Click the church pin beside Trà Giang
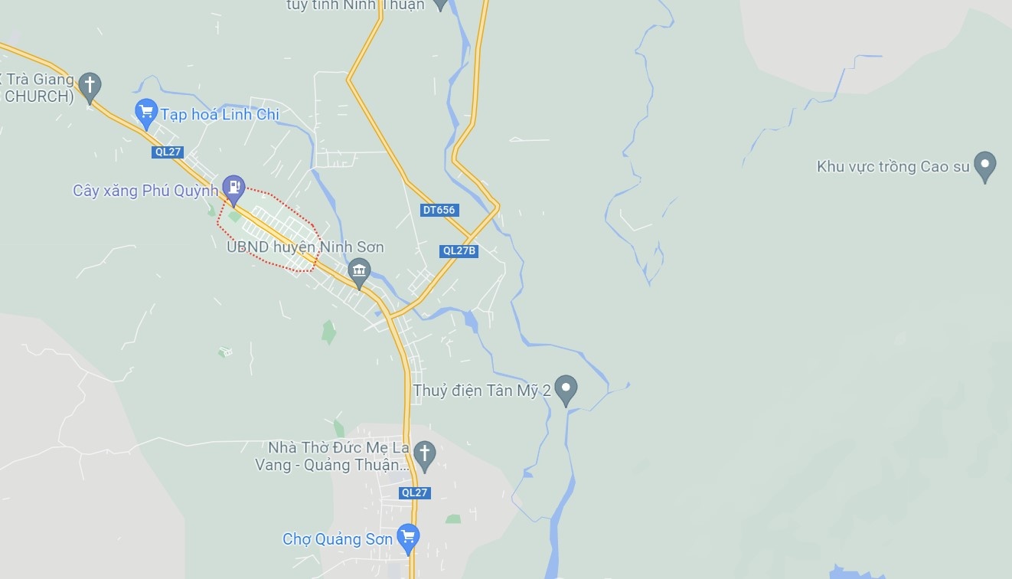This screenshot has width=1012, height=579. point(90,86)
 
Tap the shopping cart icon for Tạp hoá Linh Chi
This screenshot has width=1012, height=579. point(145,112)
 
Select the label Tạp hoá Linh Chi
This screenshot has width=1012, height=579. point(219,115)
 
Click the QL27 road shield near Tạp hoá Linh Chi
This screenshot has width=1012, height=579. point(168,152)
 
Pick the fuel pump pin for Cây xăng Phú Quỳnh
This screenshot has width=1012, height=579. point(233,188)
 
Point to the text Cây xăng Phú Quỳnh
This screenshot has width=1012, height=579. point(145,191)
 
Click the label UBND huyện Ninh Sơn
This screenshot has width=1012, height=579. point(305,247)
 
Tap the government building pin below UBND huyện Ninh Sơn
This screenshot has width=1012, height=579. point(358,271)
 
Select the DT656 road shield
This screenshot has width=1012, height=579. point(439,210)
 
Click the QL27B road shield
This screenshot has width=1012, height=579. point(459,250)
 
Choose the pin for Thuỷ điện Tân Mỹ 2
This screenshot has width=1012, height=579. point(566,388)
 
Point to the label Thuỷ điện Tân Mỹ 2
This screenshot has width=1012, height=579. point(482,391)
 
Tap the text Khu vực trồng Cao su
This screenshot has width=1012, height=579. point(893,166)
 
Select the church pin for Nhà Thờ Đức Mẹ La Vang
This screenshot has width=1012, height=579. point(424,454)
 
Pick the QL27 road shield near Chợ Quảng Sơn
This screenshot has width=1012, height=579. point(414,492)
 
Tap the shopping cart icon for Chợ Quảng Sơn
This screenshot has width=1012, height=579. point(407,537)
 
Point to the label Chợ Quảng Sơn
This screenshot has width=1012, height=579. point(338,539)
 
